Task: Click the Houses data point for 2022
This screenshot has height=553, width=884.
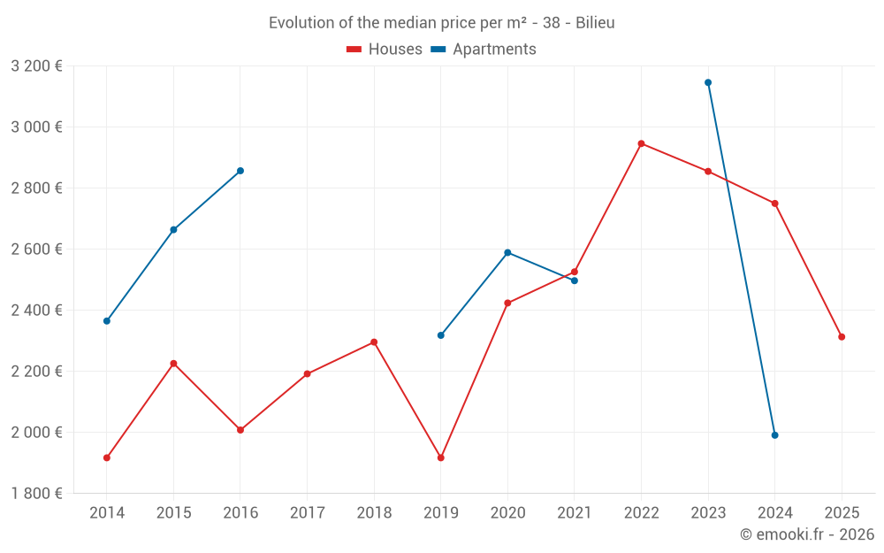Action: click(641, 143)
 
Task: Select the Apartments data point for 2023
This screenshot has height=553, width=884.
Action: click(708, 82)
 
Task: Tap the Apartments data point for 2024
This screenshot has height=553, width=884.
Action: click(774, 435)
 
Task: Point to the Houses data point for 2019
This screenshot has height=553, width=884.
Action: click(440, 457)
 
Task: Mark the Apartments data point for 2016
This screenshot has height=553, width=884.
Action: click(240, 171)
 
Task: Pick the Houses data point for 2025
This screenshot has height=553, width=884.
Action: click(842, 337)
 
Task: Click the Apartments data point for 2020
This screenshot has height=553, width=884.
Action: click(507, 252)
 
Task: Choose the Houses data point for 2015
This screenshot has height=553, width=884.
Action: click(173, 364)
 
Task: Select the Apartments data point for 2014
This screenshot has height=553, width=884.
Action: click(107, 321)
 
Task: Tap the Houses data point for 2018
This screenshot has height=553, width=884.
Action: click(374, 342)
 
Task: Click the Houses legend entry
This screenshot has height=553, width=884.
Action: click(385, 50)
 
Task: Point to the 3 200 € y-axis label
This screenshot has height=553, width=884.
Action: click(36, 65)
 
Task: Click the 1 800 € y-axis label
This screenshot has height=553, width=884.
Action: click(36, 494)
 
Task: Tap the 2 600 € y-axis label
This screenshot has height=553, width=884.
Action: click(36, 250)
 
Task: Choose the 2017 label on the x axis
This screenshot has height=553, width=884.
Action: click(307, 512)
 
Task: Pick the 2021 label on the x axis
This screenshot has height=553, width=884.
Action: click(575, 512)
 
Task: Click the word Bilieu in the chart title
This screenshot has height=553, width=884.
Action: click(595, 23)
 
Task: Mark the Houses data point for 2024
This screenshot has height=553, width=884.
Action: click(774, 204)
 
